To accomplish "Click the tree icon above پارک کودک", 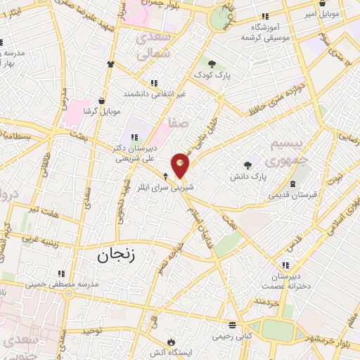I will coord(212,63).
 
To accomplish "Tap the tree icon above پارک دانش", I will coord(248,165).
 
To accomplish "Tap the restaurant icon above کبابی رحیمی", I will coord(233,326).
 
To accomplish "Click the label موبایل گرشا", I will coord(102,112).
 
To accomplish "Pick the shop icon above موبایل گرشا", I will coord(102,101).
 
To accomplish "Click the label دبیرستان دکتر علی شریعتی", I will coord(134,154).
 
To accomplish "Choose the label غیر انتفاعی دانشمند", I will coord(154,94).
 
